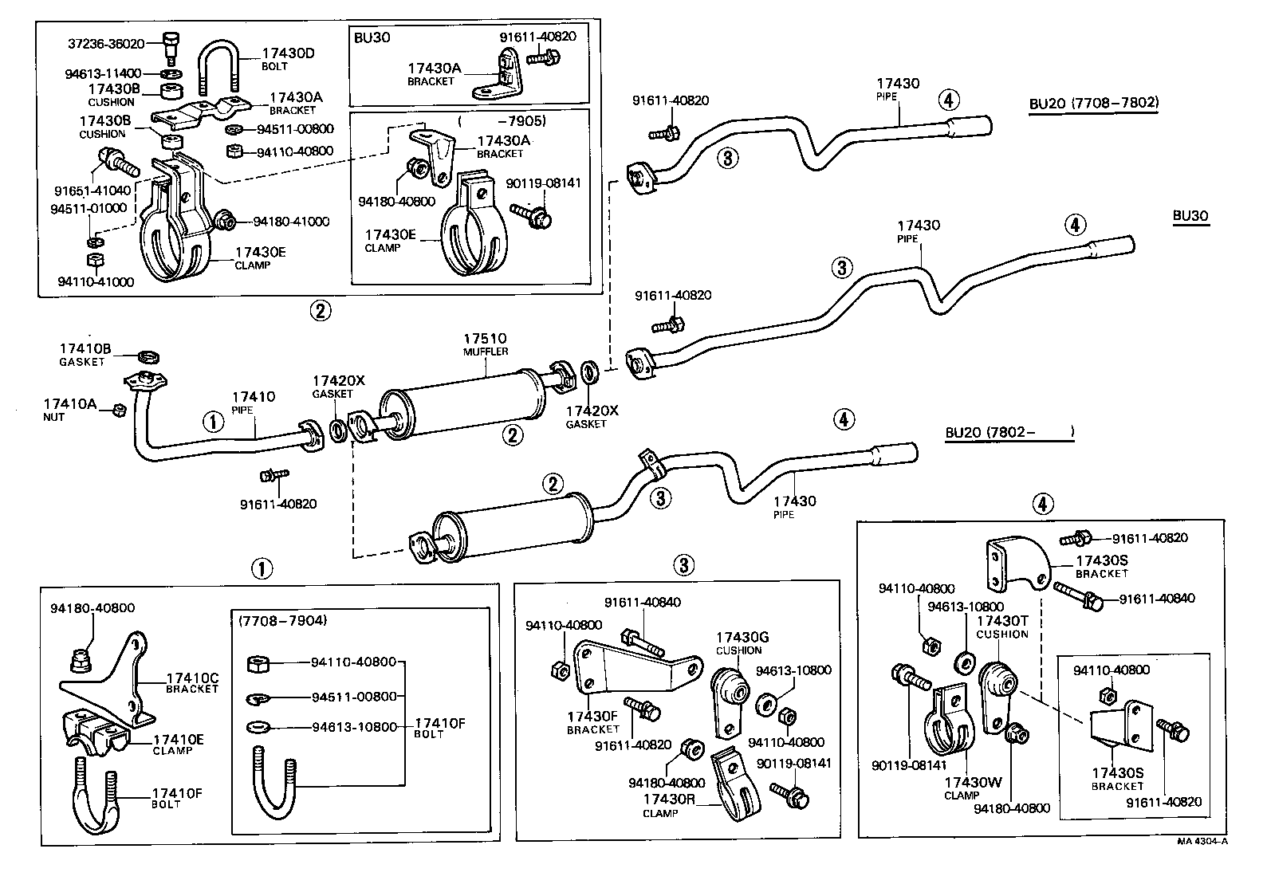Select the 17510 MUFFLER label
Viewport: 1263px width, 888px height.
486,344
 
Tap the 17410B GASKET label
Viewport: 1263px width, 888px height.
85,354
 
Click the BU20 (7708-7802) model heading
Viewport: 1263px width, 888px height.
1093,103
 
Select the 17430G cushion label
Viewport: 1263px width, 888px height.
742,642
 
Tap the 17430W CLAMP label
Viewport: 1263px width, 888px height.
972,788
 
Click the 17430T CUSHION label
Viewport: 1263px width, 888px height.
1002,627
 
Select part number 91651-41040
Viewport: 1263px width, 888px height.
92,191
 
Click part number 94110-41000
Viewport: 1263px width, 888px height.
96,281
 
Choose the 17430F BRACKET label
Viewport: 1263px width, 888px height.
592,722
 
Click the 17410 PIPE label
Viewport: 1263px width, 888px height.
253,402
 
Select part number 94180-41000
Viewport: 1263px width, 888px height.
291,222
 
